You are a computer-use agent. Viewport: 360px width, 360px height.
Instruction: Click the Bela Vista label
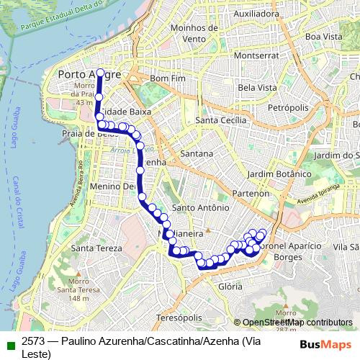click(257, 87)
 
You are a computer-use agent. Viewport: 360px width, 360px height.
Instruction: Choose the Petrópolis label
click(268, 107)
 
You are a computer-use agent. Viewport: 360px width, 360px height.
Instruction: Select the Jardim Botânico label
click(277, 174)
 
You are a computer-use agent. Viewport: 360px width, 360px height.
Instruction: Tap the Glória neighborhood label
click(230, 286)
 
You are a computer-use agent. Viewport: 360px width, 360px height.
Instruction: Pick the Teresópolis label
click(176, 318)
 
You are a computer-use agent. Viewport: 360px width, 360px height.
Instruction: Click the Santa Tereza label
click(95, 248)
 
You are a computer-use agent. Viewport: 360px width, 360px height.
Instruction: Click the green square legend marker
click(9, 342)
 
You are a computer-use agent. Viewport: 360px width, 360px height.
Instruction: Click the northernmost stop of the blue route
click(99, 72)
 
